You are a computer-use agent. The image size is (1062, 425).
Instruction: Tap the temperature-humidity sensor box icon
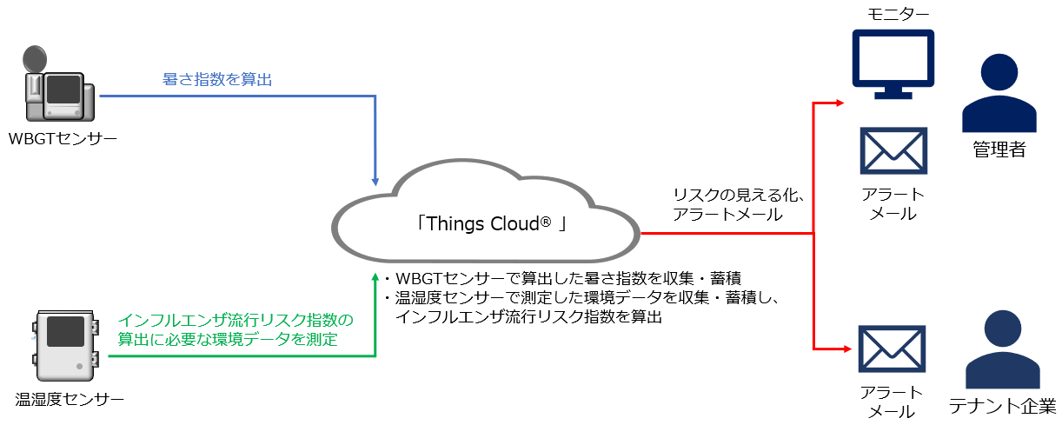coord(65,346)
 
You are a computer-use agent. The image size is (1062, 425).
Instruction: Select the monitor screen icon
coord(893,64)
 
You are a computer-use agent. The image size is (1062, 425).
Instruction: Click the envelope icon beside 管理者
coord(893,151)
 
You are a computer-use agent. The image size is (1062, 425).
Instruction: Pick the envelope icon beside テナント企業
coord(892,349)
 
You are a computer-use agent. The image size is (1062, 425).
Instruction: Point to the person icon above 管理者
coord(999,93)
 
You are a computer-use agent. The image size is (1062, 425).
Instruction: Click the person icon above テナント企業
coord(1003,349)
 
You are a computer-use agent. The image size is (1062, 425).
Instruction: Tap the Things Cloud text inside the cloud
coord(491,223)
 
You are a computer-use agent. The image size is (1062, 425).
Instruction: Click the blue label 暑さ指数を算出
coord(217,79)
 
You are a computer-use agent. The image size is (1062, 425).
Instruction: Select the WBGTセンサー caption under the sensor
coord(63,138)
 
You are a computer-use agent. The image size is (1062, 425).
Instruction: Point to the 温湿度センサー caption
coord(70,400)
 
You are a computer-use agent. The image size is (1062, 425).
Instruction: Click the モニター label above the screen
coord(898,14)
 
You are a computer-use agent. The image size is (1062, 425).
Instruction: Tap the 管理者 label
coord(999,149)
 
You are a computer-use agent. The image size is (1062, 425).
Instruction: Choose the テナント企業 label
coord(1002,406)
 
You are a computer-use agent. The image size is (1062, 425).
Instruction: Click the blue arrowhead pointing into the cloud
coord(375,183)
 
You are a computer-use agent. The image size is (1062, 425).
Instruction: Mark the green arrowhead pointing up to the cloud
coord(375,277)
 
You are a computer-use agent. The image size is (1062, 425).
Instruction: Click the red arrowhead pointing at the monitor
coord(840,103)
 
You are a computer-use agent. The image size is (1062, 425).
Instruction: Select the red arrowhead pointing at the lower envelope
coord(847,349)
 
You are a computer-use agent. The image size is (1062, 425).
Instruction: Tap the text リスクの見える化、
coord(739,195)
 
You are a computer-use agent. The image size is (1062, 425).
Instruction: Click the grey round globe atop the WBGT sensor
coord(35,59)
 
